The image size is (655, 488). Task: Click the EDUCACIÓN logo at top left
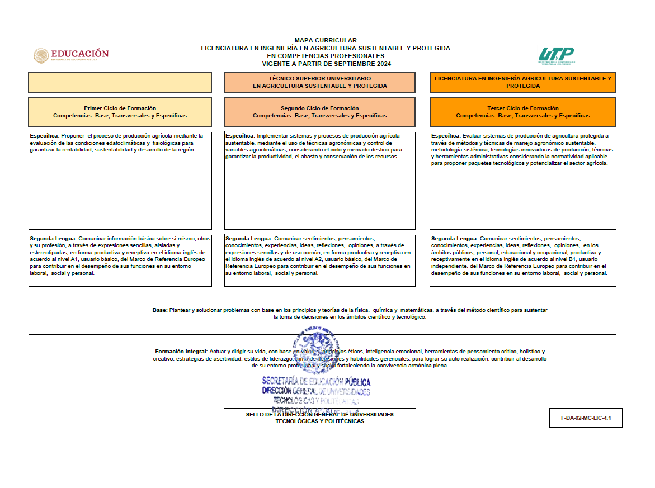pyautogui.click(x=71, y=55)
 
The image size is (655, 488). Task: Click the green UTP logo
pyautogui.click(x=556, y=55)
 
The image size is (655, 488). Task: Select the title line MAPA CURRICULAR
pyautogui.click(x=325, y=40)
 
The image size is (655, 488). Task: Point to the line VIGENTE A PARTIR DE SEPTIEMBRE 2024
pyautogui.click(x=325, y=64)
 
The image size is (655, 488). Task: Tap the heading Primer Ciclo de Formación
pyautogui.click(x=120, y=108)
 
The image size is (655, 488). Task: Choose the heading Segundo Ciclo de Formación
pyautogui.click(x=319, y=108)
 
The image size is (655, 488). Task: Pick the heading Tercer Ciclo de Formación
pyautogui.click(x=522, y=108)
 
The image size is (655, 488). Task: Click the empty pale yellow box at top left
pyautogui.click(x=120, y=82)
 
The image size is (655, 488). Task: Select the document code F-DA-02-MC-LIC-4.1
pyautogui.click(x=586, y=418)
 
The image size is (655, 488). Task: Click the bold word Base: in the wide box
pyautogui.click(x=159, y=310)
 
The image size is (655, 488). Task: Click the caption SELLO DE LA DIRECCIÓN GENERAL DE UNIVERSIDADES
pyautogui.click(x=319, y=414)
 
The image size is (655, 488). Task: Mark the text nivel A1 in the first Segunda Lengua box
pyautogui.click(x=91, y=259)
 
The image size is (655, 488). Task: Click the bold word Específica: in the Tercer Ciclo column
pyautogui.click(x=446, y=136)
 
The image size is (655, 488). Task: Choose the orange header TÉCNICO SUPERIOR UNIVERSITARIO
pyautogui.click(x=319, y=79)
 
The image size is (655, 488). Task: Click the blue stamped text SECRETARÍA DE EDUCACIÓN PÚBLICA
pyautogui.click(x=316, y=382)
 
